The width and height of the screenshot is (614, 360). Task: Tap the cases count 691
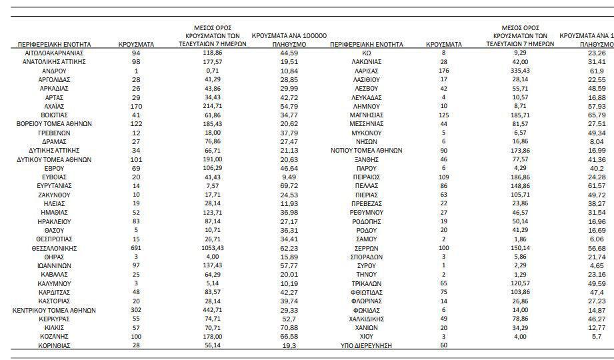point(136,248)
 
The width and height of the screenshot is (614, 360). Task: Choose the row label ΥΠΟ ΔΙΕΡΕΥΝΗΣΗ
point(366,345)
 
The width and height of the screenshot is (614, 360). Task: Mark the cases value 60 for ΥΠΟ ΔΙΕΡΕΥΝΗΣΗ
point(443,345)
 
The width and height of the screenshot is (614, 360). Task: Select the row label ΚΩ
point(366,53)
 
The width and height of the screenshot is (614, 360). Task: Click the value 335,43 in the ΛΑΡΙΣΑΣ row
point(520,71)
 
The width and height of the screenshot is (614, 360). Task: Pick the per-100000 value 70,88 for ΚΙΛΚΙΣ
point(289,328)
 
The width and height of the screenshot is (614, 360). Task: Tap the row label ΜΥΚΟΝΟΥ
point(366,133)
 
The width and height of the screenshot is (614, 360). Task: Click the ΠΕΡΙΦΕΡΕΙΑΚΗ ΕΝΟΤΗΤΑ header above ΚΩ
point(366,44)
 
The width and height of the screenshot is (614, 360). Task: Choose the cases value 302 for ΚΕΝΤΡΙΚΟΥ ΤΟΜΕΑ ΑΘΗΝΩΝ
point(136,310)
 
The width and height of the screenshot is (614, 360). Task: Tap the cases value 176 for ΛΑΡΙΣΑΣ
point(443,71)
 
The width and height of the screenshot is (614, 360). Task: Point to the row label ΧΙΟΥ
point(366,337)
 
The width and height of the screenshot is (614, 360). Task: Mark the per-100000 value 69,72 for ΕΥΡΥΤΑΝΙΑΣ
point(289,186)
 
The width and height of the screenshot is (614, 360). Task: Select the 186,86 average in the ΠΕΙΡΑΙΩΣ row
point(520,177)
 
